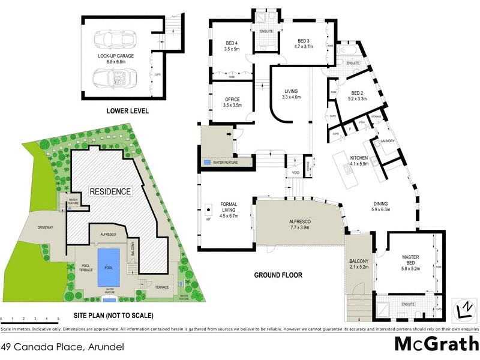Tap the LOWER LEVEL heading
[x=127, y=111]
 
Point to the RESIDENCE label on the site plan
[x=110, y=191]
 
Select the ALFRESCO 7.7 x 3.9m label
[x=298, y=224]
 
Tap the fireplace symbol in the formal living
[x=208, y=210]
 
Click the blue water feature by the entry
[x=207, y=163]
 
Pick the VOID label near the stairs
[x=295, y=173]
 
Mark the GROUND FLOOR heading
[x=277, y=275]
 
